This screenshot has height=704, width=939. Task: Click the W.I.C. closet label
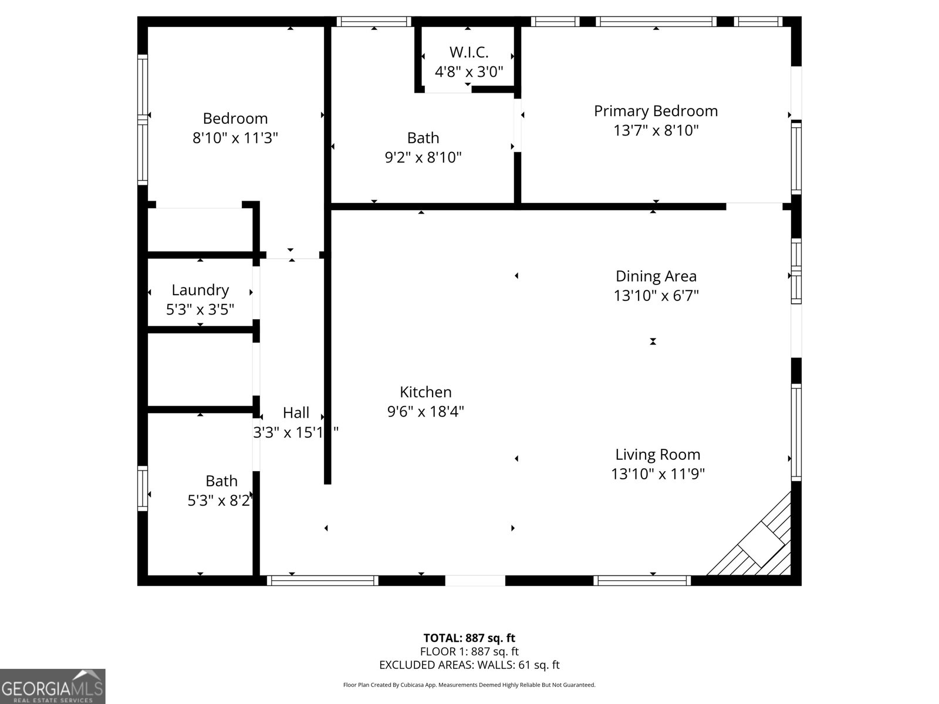pos(469,52)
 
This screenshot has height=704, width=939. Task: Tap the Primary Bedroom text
pos(656,111)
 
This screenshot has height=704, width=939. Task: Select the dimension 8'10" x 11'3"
pos(235,138)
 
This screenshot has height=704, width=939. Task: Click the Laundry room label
pos(200,290)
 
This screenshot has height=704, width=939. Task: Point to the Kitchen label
pos(425,392)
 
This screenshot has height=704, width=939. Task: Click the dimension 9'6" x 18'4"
pos(425,412)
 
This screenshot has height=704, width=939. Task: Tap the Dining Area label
pos(656,276)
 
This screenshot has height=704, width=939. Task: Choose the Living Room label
pos(657,454)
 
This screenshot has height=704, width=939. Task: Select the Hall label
pos(296,412)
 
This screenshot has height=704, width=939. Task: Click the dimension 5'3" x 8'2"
pos(219,500)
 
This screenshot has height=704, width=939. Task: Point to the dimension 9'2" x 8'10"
pos(423,157)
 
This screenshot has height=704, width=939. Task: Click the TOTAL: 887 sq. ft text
pos(469,638)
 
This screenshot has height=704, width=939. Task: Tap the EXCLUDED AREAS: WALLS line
pos(469,665)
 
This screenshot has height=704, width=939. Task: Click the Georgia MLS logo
pos(53,686)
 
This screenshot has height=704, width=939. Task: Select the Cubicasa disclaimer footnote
pos(469,685)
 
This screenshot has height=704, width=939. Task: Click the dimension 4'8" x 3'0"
pos(469,72)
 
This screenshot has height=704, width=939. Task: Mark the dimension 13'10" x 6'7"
pos(656,296)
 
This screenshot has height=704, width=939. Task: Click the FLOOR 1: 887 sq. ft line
pos(469,651)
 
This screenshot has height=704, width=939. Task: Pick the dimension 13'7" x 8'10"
pos(656,130)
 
